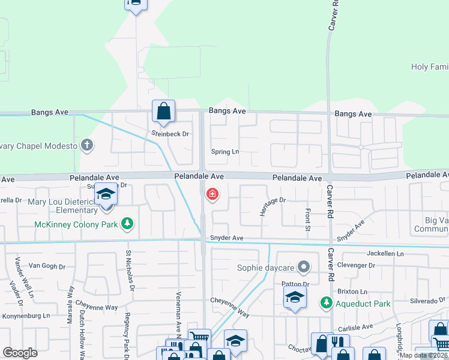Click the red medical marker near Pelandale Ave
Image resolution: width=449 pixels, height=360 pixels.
point(212,194)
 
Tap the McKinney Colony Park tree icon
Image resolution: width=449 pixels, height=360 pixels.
point(127,224)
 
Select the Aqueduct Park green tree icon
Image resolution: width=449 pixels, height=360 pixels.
point(326,303)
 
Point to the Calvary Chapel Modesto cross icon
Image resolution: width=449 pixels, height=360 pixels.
point(87,145)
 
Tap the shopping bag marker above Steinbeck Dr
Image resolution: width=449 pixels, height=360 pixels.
point(163,111)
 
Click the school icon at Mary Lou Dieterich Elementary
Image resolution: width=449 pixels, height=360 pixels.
point(106,196)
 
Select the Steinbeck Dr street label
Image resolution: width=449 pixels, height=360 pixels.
point(170,134)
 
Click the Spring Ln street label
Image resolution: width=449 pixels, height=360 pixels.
point(224,152)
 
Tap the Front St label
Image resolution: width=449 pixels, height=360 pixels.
point(307,220)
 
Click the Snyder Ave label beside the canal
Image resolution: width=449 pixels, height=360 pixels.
point(226,238)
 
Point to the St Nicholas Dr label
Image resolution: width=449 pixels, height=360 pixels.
point(128,271)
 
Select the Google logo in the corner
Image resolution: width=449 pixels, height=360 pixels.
point(20,352)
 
